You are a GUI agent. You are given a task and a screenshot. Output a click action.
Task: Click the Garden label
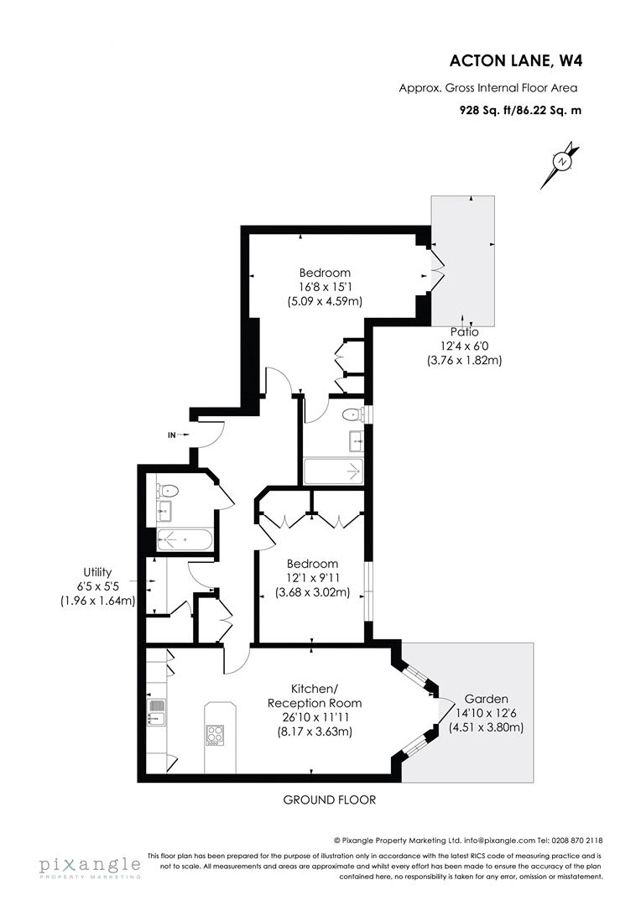pyautogui.click(x=486, y=699)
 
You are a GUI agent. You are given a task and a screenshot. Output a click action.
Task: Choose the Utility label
pyautogui.click(x=97, y=572)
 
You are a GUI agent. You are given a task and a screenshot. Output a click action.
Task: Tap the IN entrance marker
pyautogui.click(x=173, y=435)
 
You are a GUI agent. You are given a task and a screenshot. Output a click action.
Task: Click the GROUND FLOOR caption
pyautogui.click(x=329, y=799)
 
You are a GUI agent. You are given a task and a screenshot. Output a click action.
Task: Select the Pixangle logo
pyautogui.click(x=88, y=866)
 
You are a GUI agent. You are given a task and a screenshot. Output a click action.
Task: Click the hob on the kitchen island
pyautogui.click(x=216, y=734)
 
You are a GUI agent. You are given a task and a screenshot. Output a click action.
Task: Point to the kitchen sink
pyautogui.click(x=154, y=712)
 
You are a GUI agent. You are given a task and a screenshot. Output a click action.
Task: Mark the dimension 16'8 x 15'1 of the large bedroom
pyautogui.click(x=325, y=286)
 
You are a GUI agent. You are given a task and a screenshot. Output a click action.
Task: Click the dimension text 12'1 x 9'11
pyautogui.click(x=311, y=578)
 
